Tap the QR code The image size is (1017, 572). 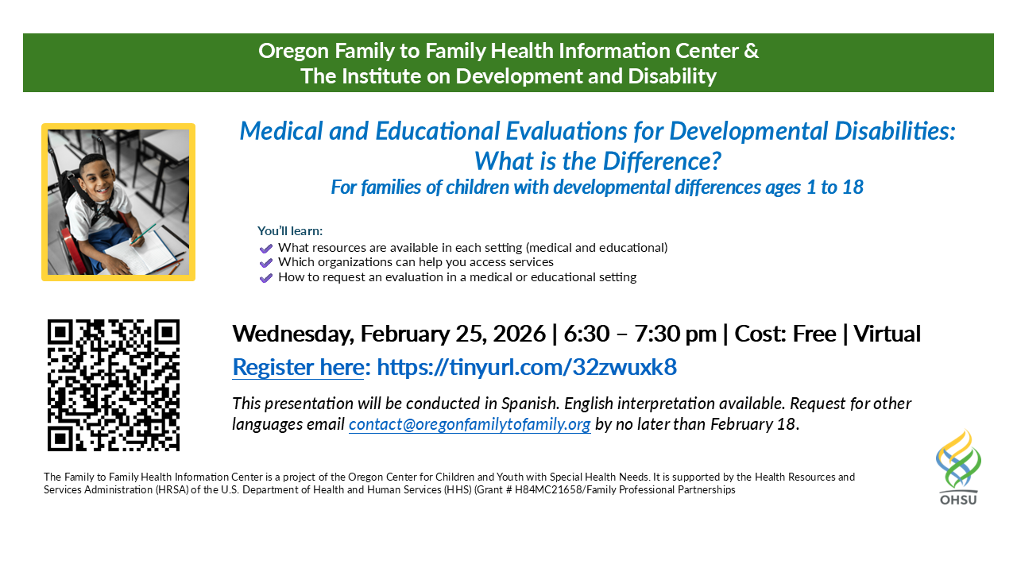point(114,385)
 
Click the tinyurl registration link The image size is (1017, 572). point(526,367)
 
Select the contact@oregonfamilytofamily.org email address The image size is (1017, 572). point(470,424)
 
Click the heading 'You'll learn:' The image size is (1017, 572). point(290,231)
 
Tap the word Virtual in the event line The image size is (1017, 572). point(886,334)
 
